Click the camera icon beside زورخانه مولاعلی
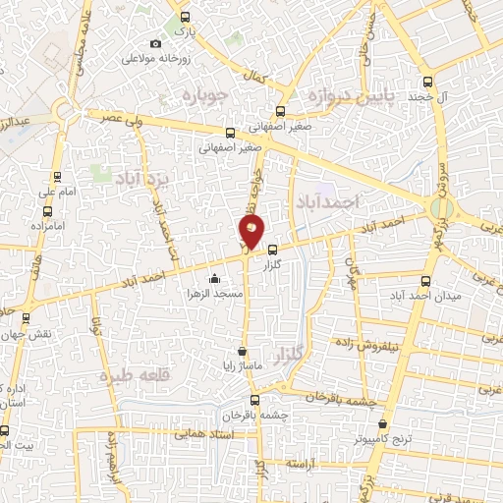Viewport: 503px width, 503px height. [155, 44]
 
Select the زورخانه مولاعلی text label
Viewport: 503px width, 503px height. [155, 58]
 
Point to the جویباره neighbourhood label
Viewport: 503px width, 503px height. [205, 97]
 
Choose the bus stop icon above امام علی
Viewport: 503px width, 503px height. [58, 178]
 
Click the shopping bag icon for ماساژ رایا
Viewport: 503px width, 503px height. [242, 351]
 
